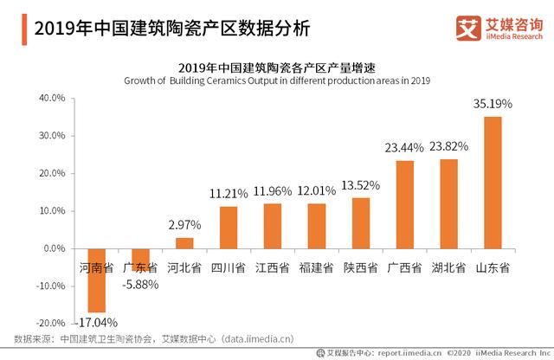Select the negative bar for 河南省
96,280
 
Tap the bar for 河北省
184,242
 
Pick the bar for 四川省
229,227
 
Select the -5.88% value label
139,283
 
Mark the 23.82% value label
448,147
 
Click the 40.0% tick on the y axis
53,99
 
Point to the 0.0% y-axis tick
55,248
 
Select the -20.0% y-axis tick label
51,323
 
